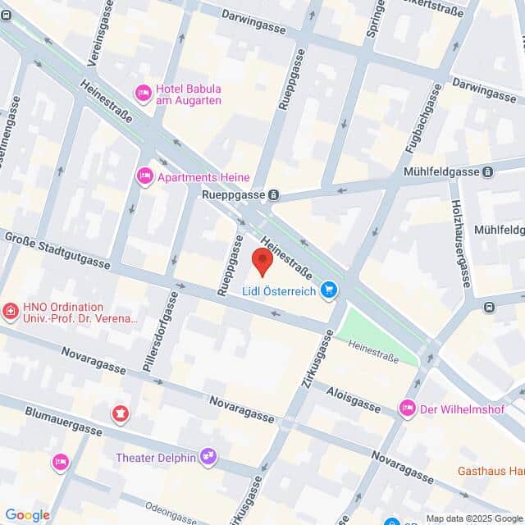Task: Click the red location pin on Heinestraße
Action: [x=262, y=261]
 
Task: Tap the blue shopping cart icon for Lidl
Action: [x=329, y=290]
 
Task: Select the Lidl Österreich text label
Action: [x=279, y=290]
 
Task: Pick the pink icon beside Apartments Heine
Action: [x=145, y=176]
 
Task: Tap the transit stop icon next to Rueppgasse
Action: [x=273, y=195]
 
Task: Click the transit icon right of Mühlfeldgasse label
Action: [x=488, y=172]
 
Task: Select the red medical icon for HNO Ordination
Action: [x=10, y=312]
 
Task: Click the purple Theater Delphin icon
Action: [x=209, y=456]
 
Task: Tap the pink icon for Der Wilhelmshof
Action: [x=407, y=408]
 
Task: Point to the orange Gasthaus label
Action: [x=491, y=472]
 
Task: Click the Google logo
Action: [x=27, y=514]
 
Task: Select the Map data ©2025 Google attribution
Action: [x=473, y=518]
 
